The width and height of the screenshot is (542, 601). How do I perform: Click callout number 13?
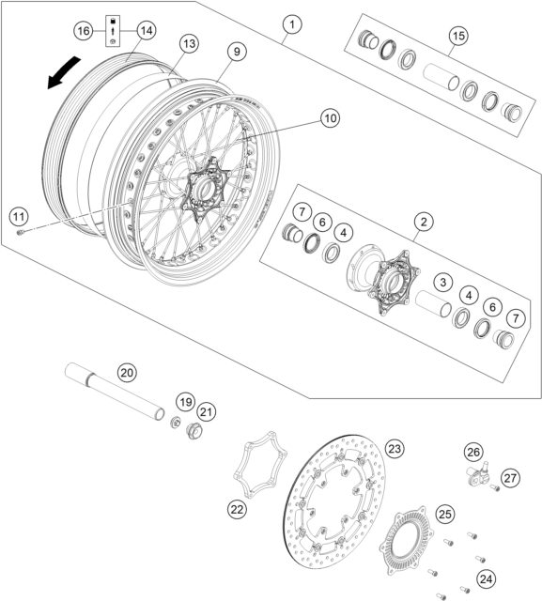tap(188, 43)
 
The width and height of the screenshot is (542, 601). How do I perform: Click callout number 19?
tap(184, 403)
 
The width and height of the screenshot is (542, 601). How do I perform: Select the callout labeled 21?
tap(207, 410)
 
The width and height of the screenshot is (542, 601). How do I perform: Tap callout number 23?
tap(395, 449)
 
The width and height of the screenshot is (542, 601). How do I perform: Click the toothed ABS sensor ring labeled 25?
tap(410, 536)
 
